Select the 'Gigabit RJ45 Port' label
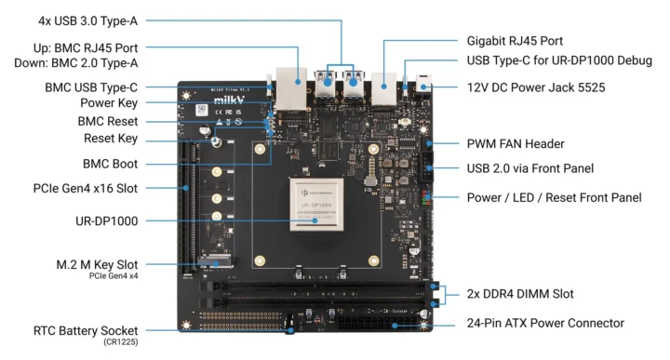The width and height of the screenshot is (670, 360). [514, 41]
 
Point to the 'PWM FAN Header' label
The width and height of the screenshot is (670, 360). [517, 144]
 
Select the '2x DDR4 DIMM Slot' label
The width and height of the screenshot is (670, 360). [521, 294]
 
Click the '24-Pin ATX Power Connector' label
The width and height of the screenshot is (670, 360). [544, 323]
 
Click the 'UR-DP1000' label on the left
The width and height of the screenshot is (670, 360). [103, 220]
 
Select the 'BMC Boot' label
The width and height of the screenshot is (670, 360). [110, 163]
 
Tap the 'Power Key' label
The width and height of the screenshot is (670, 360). [109, 102]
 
